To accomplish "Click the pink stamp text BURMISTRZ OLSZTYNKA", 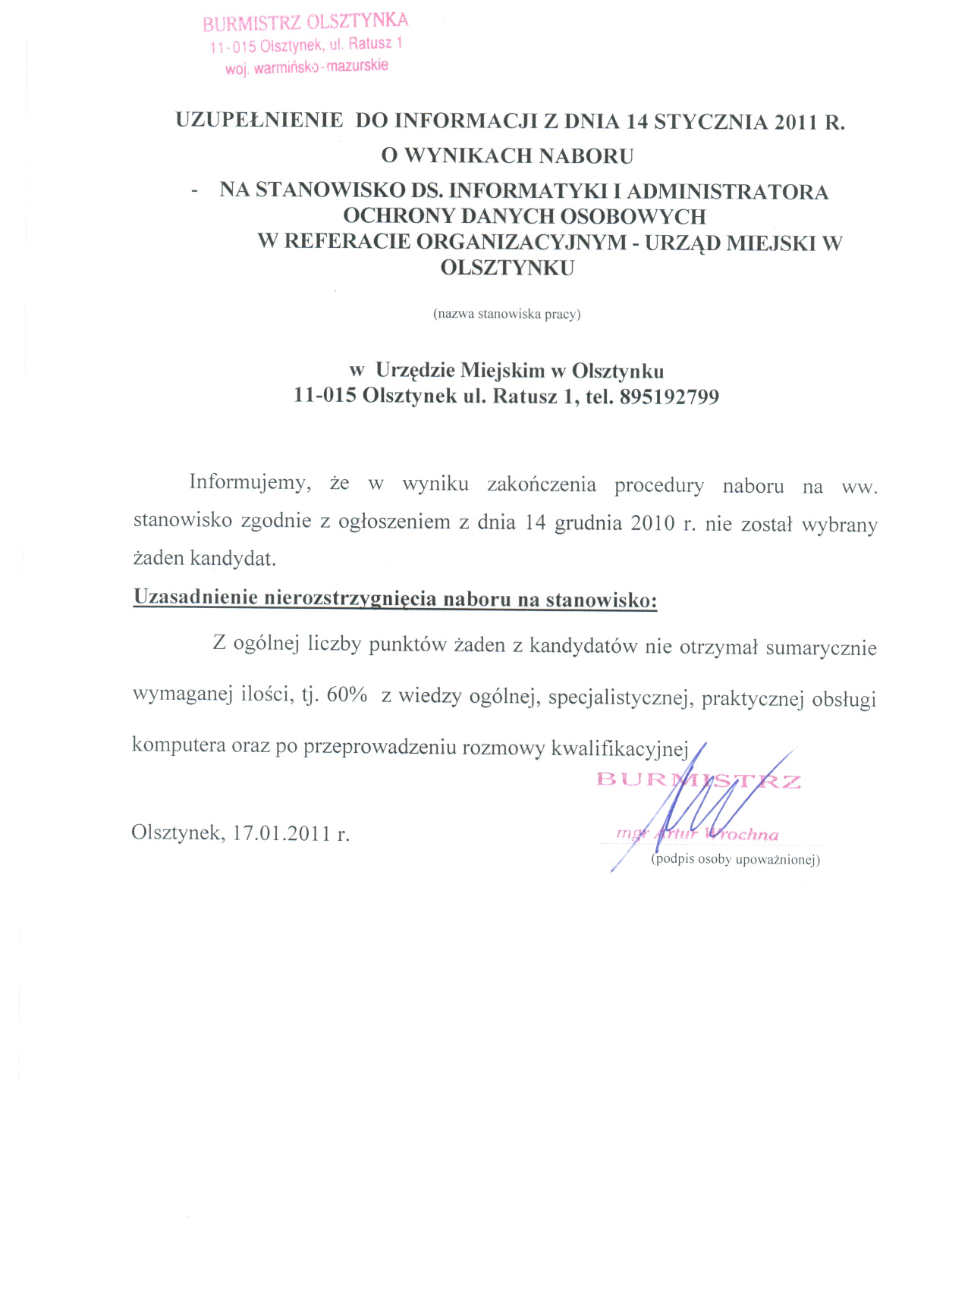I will click(305, 20).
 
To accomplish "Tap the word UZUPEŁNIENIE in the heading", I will click(259, 122).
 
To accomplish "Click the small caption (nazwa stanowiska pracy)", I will click(506, 314).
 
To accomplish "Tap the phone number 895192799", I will click(668, 397).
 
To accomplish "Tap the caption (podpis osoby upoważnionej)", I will click(735, 861).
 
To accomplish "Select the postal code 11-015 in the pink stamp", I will click(232, 48).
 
